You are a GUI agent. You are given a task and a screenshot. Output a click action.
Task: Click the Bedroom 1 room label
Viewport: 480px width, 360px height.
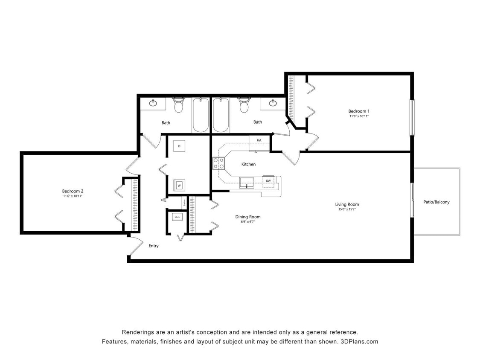359,111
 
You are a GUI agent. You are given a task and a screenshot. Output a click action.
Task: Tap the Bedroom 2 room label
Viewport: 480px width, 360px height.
72,191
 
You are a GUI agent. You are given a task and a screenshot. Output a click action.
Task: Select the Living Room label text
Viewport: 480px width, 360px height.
347,204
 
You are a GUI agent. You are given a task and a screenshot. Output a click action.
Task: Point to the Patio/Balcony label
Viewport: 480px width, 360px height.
436,202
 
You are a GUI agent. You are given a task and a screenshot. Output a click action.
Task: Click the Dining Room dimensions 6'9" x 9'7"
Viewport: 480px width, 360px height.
247,222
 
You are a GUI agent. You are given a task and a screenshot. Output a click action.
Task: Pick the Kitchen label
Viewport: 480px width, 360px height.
248,164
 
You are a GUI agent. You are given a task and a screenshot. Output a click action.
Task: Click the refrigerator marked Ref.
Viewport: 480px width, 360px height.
259,143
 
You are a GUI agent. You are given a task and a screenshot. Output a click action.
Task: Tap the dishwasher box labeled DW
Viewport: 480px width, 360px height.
268,181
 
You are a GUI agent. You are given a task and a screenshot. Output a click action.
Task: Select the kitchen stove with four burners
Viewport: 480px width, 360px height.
219,163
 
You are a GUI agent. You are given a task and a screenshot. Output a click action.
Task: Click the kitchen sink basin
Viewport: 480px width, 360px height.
247,183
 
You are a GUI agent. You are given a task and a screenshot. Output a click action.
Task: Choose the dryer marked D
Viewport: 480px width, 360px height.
179,146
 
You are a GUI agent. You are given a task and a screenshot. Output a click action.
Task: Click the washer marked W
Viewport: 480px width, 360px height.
179,186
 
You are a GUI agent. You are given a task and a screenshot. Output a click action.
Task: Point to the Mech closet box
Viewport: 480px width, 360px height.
177,217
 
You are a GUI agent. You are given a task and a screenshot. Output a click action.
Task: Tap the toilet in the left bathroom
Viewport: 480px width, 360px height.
178,105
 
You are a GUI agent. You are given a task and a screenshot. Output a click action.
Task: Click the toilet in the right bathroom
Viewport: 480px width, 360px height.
244,105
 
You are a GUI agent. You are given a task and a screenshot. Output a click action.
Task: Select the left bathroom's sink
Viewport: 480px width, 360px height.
153,103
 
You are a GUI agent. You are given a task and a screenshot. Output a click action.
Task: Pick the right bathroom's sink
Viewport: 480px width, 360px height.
272,103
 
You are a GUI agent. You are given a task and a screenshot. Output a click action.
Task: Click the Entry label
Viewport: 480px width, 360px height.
154,246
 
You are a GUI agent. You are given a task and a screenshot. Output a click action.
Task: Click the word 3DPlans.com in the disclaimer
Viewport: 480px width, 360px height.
358,342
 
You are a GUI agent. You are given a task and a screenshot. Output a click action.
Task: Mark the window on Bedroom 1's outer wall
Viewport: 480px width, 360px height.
412,117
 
